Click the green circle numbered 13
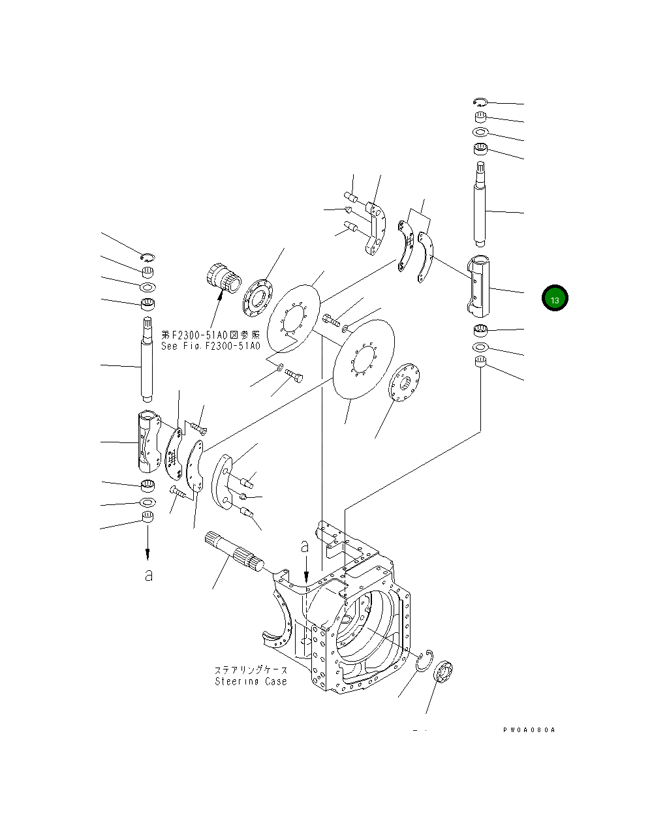tap(554, 298)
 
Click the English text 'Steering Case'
tap(251, 681)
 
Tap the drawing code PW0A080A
tap(529, 730)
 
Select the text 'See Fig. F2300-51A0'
tap(210, 346)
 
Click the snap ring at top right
tap(480, 102)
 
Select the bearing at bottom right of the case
tap(443, 673)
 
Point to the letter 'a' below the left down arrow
tap(149, 575)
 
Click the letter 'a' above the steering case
tap(305, 546)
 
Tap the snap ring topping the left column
tap(148, 256)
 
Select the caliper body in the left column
tap(148, 440)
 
